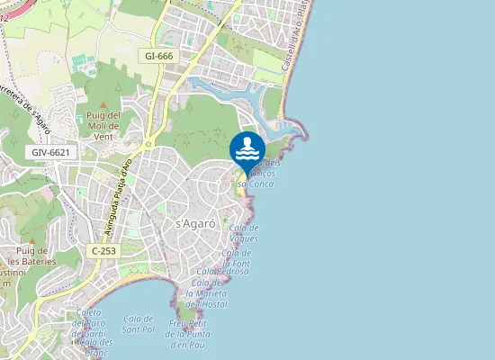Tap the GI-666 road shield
point(159,56)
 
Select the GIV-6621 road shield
point(50,153)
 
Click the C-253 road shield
point(104,249)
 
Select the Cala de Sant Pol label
point(139,324)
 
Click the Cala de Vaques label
point(244,233)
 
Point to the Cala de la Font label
point(235,257)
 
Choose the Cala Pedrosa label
point(221,271)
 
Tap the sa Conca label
point(256,183)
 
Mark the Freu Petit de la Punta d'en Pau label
point(190,334)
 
